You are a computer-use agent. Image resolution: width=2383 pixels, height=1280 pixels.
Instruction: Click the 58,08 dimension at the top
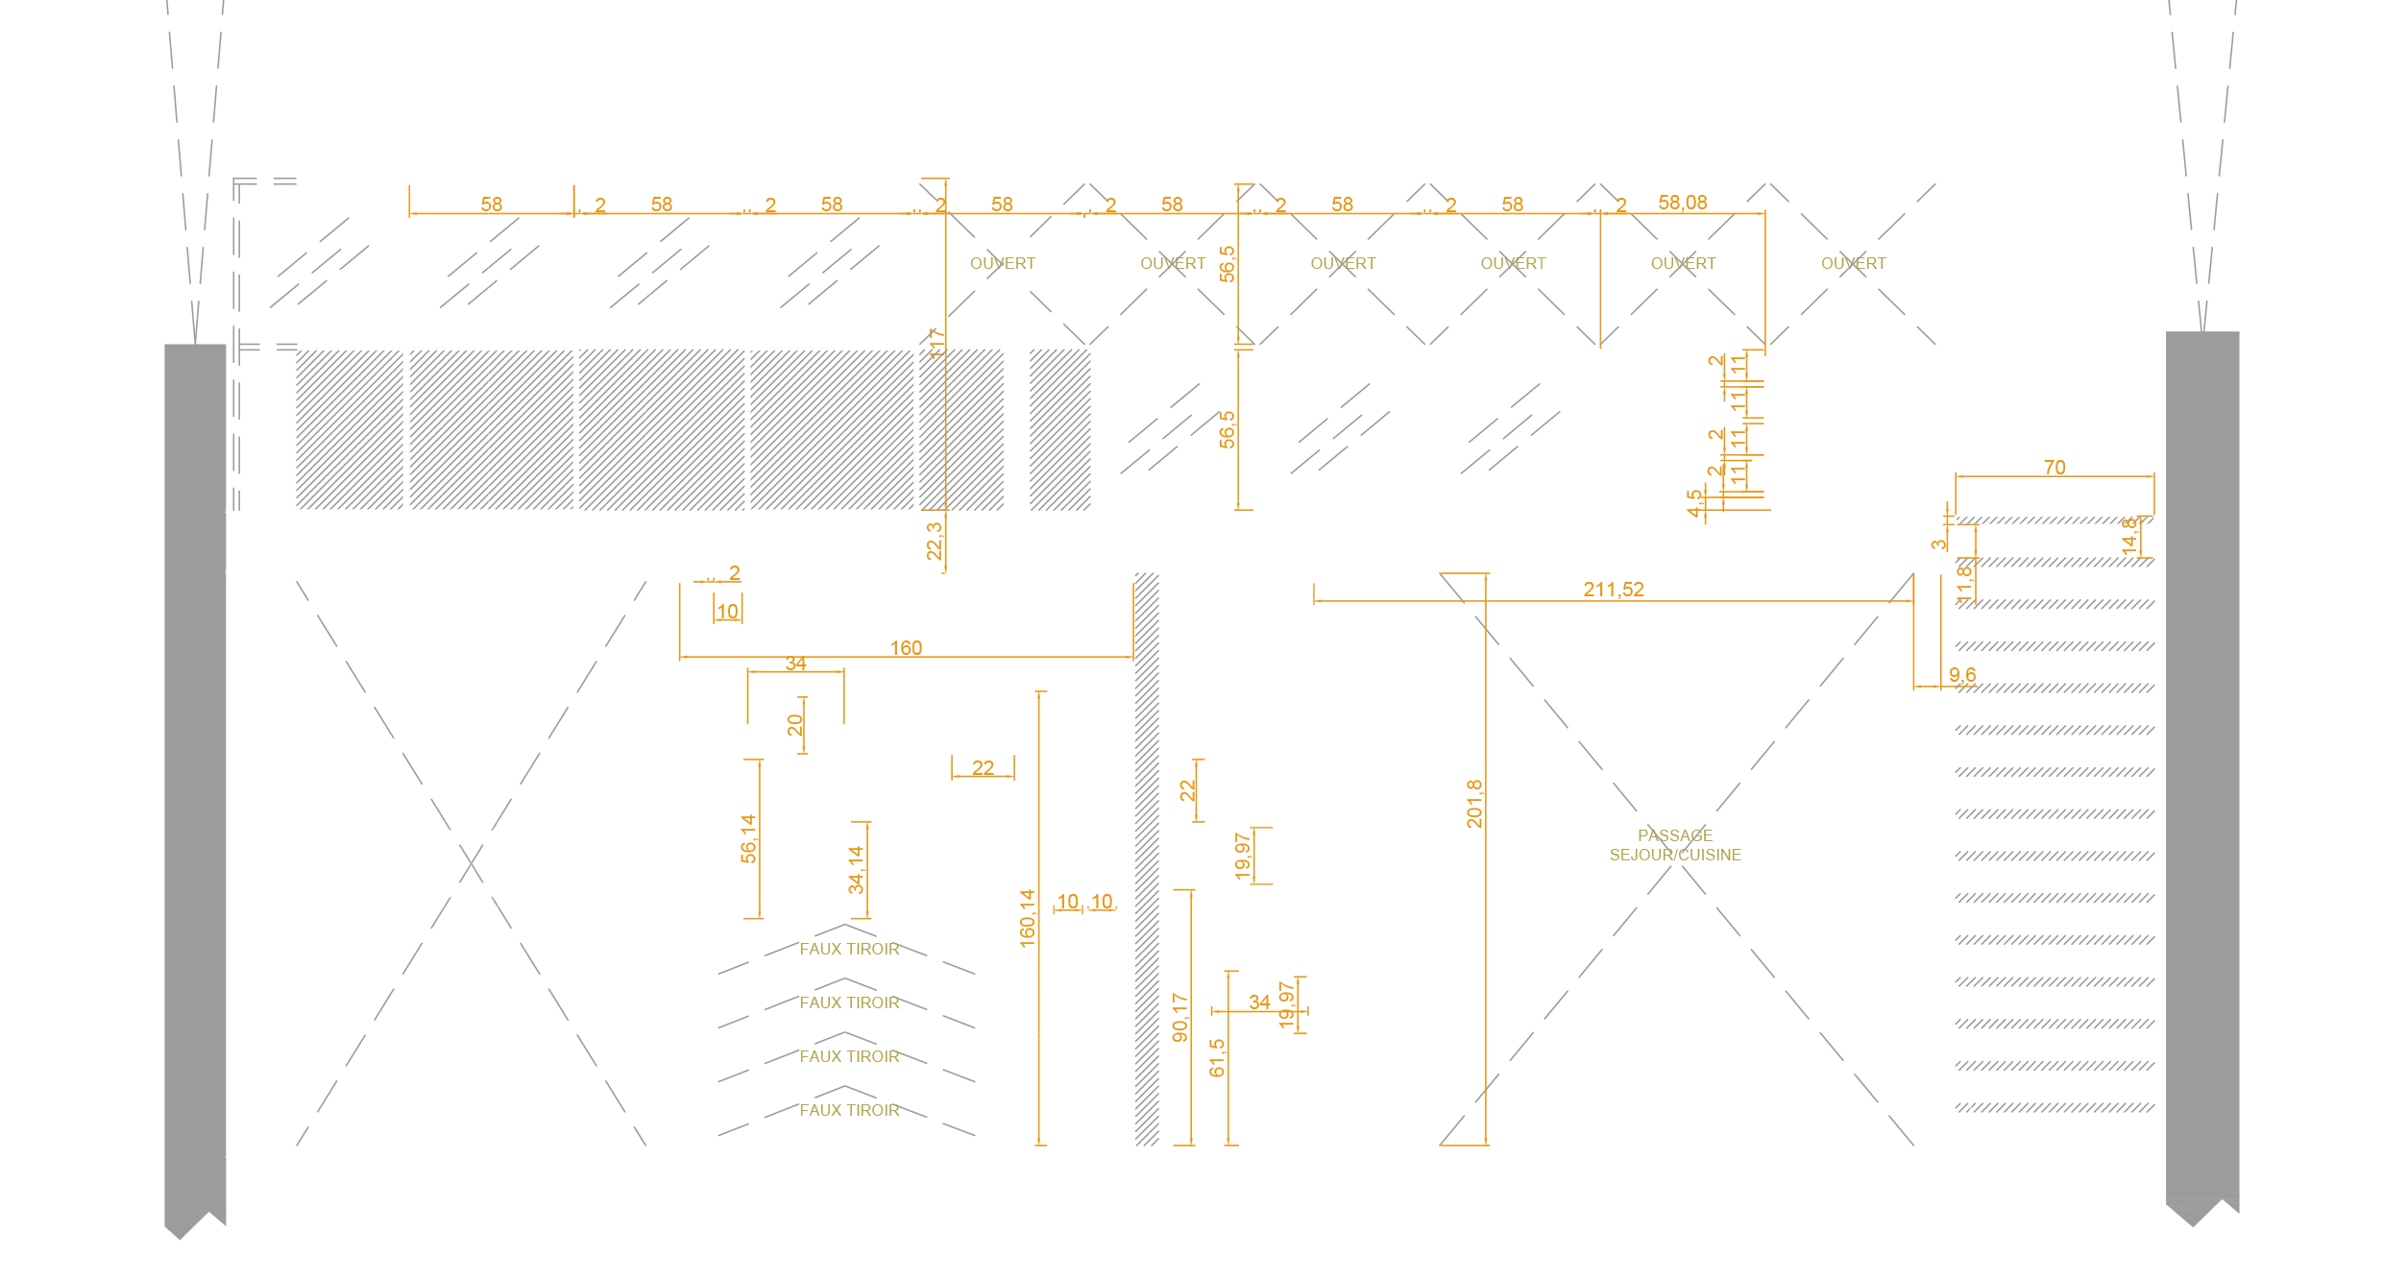(x=1682, y=203)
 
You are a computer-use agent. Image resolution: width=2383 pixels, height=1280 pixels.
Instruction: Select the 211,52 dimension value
(x=1614, y=590)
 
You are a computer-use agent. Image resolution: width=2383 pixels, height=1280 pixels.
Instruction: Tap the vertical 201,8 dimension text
(x=1474, y=804)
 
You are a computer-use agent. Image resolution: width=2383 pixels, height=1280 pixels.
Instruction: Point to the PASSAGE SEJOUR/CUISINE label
(x=1675, y=845)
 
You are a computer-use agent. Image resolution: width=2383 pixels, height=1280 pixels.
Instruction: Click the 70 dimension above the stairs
(x=2055, y=468)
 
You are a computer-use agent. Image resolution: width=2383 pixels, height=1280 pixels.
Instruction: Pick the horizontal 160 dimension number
(x=906, y=648)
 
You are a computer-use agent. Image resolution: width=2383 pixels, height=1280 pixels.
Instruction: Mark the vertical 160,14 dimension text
(x=1027, y=918)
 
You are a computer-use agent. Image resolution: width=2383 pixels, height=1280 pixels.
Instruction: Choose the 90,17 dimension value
(x=1180, y=1017)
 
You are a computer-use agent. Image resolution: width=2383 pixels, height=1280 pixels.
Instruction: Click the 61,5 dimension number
(x=1217, y=1057)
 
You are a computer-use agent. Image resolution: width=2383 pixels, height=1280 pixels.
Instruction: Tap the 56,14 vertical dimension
(x=748, y=838)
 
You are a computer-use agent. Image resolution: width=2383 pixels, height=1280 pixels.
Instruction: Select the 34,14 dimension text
(x=856, y=869)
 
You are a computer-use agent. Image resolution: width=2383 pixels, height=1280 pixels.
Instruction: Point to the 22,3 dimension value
(x=934, y=541)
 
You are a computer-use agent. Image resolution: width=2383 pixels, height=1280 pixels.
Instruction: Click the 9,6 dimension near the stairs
(x=1962, y=675)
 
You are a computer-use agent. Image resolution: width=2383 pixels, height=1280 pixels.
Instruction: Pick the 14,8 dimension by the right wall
(x=2129, y=535)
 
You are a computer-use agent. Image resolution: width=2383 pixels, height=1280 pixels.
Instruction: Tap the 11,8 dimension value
(x=1964, y=582)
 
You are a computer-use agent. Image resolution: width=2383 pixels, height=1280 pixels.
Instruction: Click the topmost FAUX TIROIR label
(x=849, y=949)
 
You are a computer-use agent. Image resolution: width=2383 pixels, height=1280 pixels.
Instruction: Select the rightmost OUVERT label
(x=1853, y=263)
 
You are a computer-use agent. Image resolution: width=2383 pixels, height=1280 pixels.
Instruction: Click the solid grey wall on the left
(x=195, y=768)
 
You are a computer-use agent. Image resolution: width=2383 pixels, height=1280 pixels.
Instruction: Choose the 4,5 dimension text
(x=1694, y=502)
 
